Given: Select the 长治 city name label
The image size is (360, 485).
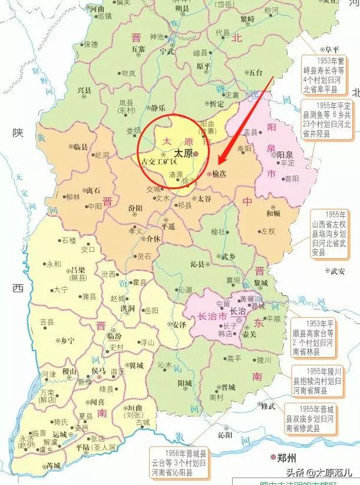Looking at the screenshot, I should [237, 311].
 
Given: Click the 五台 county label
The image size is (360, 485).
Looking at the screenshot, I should [255, 73].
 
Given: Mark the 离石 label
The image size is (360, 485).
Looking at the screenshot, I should [93, 191].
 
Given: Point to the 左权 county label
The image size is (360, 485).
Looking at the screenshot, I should [268, 230].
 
